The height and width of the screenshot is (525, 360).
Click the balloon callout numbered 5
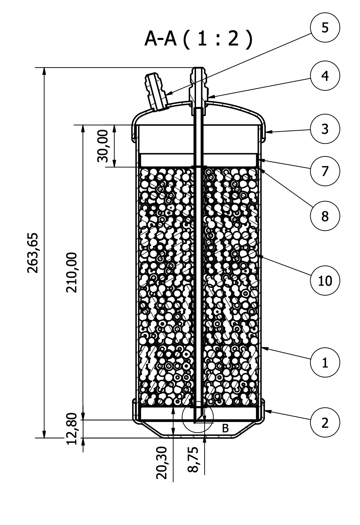[x=325, y=28]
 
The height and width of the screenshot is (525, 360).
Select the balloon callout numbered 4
[x=325, y=76]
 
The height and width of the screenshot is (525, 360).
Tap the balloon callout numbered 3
[x=325, y=129]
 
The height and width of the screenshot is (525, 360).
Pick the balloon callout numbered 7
[x=325, y=171]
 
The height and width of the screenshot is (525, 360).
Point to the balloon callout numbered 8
[x=325, y=216]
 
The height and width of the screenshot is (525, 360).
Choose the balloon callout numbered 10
[x=325, y=281]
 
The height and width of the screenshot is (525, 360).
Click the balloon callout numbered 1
[x=325, y=363]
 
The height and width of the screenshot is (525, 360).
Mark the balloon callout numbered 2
[x=325, y=423]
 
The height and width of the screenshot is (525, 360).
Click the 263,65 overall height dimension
[x=33, y=252]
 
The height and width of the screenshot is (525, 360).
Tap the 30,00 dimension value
[x=103, y=146]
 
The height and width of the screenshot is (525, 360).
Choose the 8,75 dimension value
[x=193, y=460]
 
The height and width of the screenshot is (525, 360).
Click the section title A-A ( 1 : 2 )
[x=199, y=39]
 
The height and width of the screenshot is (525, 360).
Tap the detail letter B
[x=225, y=428]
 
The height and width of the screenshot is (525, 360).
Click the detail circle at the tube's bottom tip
[x=198, y=417]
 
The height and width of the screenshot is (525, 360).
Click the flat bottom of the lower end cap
[x=198, y=436]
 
